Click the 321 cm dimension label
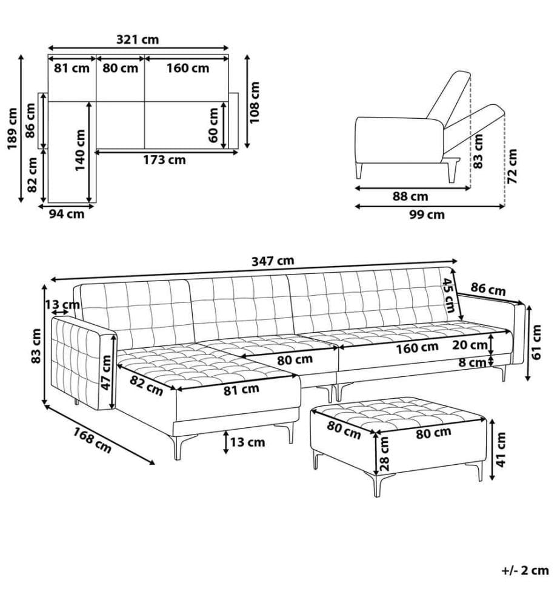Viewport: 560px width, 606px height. point(138,39)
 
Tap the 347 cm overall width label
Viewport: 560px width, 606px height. point(273,261)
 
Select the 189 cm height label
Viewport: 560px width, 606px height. point(12,129)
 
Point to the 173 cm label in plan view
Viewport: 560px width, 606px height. point(164,159)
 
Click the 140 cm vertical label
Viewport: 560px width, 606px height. point(79,150)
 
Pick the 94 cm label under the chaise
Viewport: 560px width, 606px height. point(67,214)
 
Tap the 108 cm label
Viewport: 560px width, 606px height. point(255,102)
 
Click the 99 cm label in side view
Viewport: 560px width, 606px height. point(427,215)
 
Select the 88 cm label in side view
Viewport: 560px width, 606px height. point(410,196)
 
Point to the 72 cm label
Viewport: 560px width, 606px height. point(512,167)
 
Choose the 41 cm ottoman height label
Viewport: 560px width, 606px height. point(501,450)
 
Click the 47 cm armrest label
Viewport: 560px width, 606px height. point(105,373)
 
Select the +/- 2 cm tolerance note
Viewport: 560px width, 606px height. point(525,570)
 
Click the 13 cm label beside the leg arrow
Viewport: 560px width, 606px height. point(247,442)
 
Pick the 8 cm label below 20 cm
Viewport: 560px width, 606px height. point(472,362)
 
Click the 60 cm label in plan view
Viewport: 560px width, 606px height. point(213,125)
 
